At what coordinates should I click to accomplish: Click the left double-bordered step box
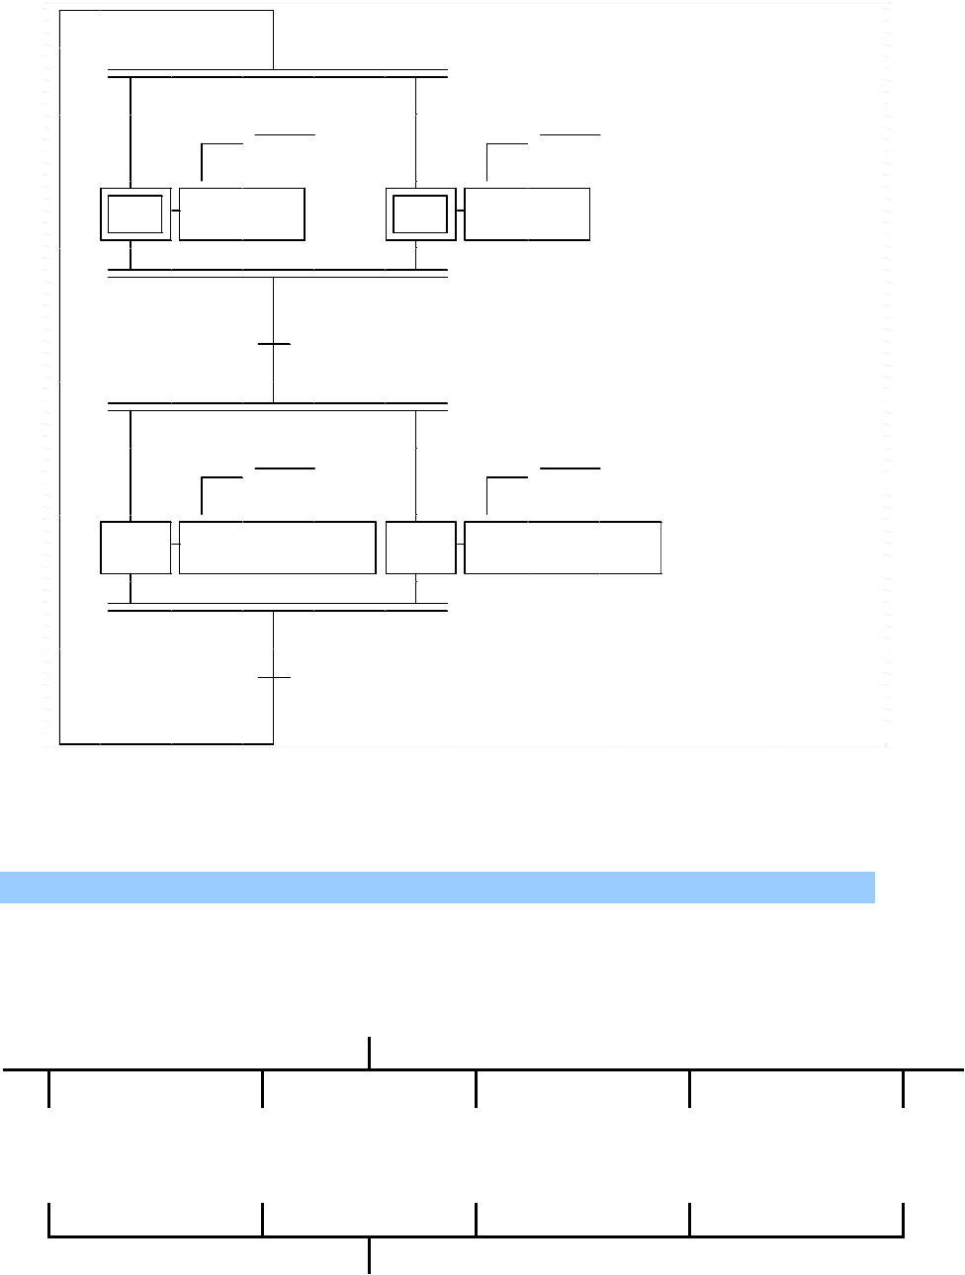pyautogui.click(x=135, y=213)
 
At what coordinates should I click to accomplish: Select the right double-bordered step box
pyautogui.click(x=420, y=213)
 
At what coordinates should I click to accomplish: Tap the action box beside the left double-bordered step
pyautogui.click(x=241, y=213)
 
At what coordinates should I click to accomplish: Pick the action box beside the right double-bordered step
pyautogui.click(x=527, y=213)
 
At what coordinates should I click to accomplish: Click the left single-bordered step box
pyautogui.click(x=135, y=548)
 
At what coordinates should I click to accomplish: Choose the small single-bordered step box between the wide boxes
pyautogui.click(x=420, y=548)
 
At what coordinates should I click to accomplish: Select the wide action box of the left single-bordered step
pyautogui.click(x=277, y=548)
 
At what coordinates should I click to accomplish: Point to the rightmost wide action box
pyautogui.click(x=563, y=548)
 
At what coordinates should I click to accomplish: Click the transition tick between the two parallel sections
pyautogui.click(x=274, y=344)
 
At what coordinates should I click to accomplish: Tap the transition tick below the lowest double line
pyautogui.click(x=274, y=677)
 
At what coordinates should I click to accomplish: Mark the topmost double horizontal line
pyautogui.click(x=277, y=74)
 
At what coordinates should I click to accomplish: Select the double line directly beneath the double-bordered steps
pyautogui.click(x=277, y=273)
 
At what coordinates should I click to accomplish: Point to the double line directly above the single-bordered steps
pyautogui.click(x=277, y=406)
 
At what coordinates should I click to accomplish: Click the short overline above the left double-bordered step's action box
pyautogui.click(x=285, y=132)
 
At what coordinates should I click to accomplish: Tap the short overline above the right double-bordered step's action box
pyautogui.click(x=570, y=132)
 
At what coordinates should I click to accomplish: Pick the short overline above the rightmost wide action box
pyautogui.click(x=570, y=467)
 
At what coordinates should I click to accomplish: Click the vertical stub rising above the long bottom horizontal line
pyautogui.click(x=370, y=1053)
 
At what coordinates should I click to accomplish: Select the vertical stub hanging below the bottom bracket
pyautogui.click(x=370, y=1255)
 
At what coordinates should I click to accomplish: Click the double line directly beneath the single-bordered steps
pyautogui.click(x=277, y=607)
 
